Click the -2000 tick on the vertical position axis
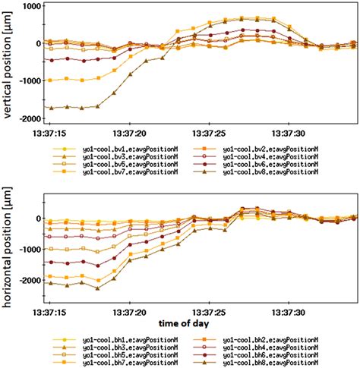click(x=27, y=119)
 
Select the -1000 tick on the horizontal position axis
click(x=27, y=250)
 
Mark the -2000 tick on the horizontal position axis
click(x=27, y=281)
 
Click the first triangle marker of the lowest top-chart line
click(x=50, y=108)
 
